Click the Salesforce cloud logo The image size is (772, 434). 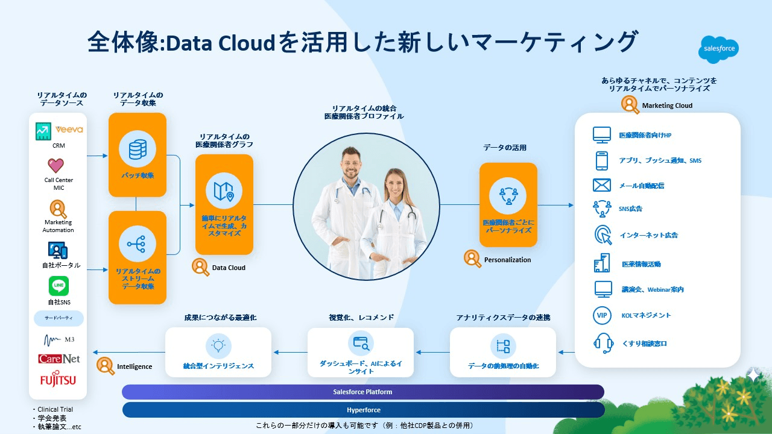pos(718,49)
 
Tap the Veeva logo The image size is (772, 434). pos(69,130)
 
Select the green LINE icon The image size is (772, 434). pos(59,286)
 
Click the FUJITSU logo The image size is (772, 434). pos(58,380)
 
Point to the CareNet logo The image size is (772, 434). pos(59,359)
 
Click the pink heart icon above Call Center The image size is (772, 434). pos(56,165)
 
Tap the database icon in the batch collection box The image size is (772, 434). pos(138,149)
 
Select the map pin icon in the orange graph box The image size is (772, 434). pos(224,190)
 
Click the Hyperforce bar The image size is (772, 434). pos(363,410)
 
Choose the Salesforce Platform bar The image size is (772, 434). pos(363,392)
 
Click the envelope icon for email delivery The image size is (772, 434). pos(602,185)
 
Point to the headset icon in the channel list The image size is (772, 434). pos(603,342)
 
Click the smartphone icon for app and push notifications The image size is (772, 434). pos(602,160)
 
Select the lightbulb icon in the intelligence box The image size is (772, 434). pos(218,345)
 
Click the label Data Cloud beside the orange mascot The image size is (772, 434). pos(229,268)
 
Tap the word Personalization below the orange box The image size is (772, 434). pos(507,260)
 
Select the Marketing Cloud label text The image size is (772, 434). pos(667,105)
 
